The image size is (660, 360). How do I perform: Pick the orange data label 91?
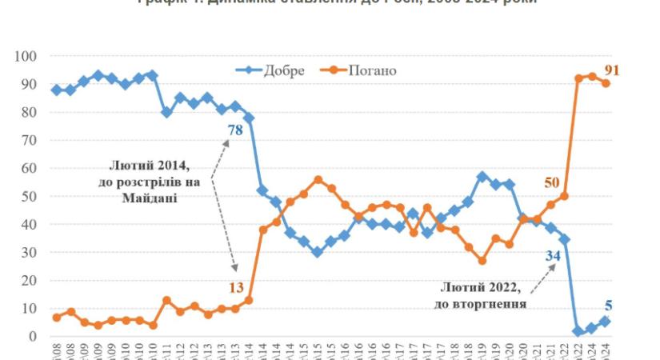click(x=611, y=70)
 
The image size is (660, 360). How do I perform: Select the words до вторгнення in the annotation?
click(x=482, y=303)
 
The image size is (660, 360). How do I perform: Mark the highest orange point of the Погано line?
click(x=592, y=76)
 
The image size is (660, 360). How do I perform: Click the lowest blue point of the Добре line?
click(x=577, y=331)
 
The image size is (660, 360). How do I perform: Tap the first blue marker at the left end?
click(x=56, y=90)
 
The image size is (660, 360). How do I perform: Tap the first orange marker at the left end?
click(x=56, y=318)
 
